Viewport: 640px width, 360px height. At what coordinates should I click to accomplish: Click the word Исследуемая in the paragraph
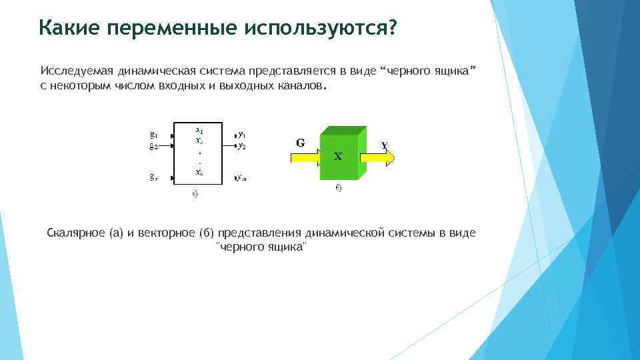76,71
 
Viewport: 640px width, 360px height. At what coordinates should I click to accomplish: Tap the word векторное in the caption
167,233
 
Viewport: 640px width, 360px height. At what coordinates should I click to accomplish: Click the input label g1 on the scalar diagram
153,135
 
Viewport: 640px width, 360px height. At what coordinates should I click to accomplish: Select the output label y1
242,134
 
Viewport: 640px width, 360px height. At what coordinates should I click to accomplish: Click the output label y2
242,145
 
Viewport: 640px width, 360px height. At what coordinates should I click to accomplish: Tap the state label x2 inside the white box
199,141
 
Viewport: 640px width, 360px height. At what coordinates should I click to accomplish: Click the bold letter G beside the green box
301,142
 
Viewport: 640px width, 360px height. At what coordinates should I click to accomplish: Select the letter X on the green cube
338,157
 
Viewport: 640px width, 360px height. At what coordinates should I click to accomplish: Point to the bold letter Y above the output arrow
385,145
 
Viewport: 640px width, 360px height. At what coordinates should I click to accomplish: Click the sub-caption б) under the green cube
338,189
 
